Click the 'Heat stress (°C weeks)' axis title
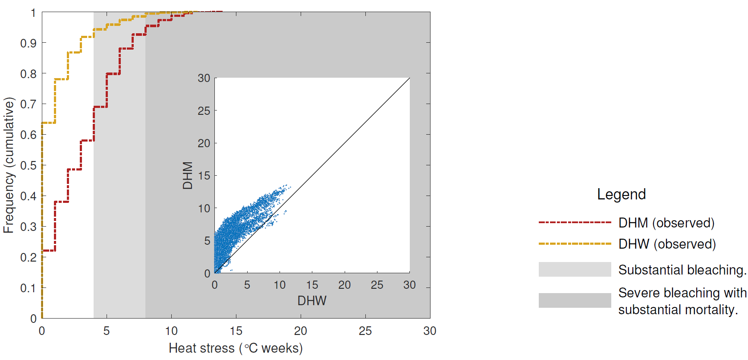(x=236, y=348)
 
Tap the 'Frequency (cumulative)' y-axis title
(x=9, y=165)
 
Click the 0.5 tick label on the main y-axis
(x=28, y=165)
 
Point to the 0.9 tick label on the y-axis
(x=28, y=43)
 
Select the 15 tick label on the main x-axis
(x=236, y=331)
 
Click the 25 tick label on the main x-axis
(x=365, y=331)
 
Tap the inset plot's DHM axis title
(x=187, y=175)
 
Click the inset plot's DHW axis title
(x=312, y=300)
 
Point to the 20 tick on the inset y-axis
(x=204, y=143)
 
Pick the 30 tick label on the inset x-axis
(x=409, y=285)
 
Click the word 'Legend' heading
(x=621, y=194)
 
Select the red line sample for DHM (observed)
(x=575, y=223)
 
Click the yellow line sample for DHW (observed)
(x=575, y=244)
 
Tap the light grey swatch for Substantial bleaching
(x=575, y=269)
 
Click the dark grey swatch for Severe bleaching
(x=575, y=300)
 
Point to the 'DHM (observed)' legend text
(x=666, y=223)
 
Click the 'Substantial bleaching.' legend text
(x=682, y=270)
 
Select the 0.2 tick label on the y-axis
(x=28, y=257)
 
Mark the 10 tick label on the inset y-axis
(x=204, y=208)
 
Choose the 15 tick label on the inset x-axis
(x=312, y=285)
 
